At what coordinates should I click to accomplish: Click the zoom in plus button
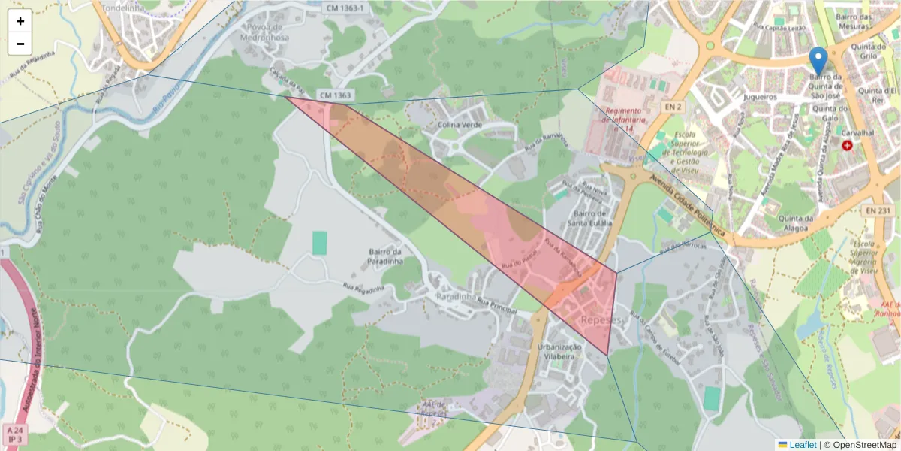(20, 21)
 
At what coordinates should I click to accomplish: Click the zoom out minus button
(20, 44)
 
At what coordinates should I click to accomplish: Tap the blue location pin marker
(818, 61)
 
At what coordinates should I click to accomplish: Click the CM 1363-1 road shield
(345, 8)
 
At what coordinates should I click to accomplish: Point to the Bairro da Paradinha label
(386, 256)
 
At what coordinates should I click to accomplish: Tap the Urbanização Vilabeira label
(559, 352)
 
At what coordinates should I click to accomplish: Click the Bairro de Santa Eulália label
(589, 218)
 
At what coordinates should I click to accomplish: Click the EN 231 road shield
(878, 211)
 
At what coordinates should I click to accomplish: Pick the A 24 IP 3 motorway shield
(15, 434)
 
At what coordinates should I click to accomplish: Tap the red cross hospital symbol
(848, 144)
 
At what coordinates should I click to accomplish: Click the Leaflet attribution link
(802, 445)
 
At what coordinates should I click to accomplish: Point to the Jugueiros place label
(760, 97)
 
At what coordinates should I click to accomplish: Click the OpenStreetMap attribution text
(861, 445)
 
